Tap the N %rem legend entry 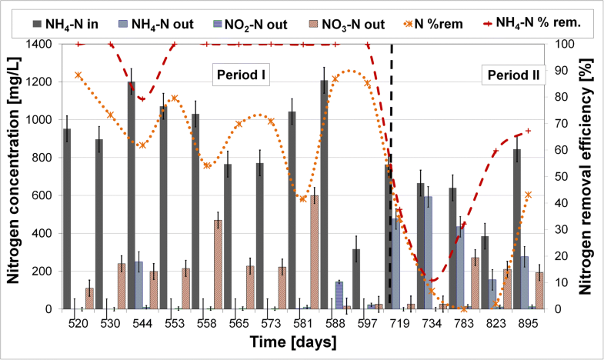pos(445,24)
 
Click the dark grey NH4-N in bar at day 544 pos(132,195)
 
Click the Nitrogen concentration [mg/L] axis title pos(15,176)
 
